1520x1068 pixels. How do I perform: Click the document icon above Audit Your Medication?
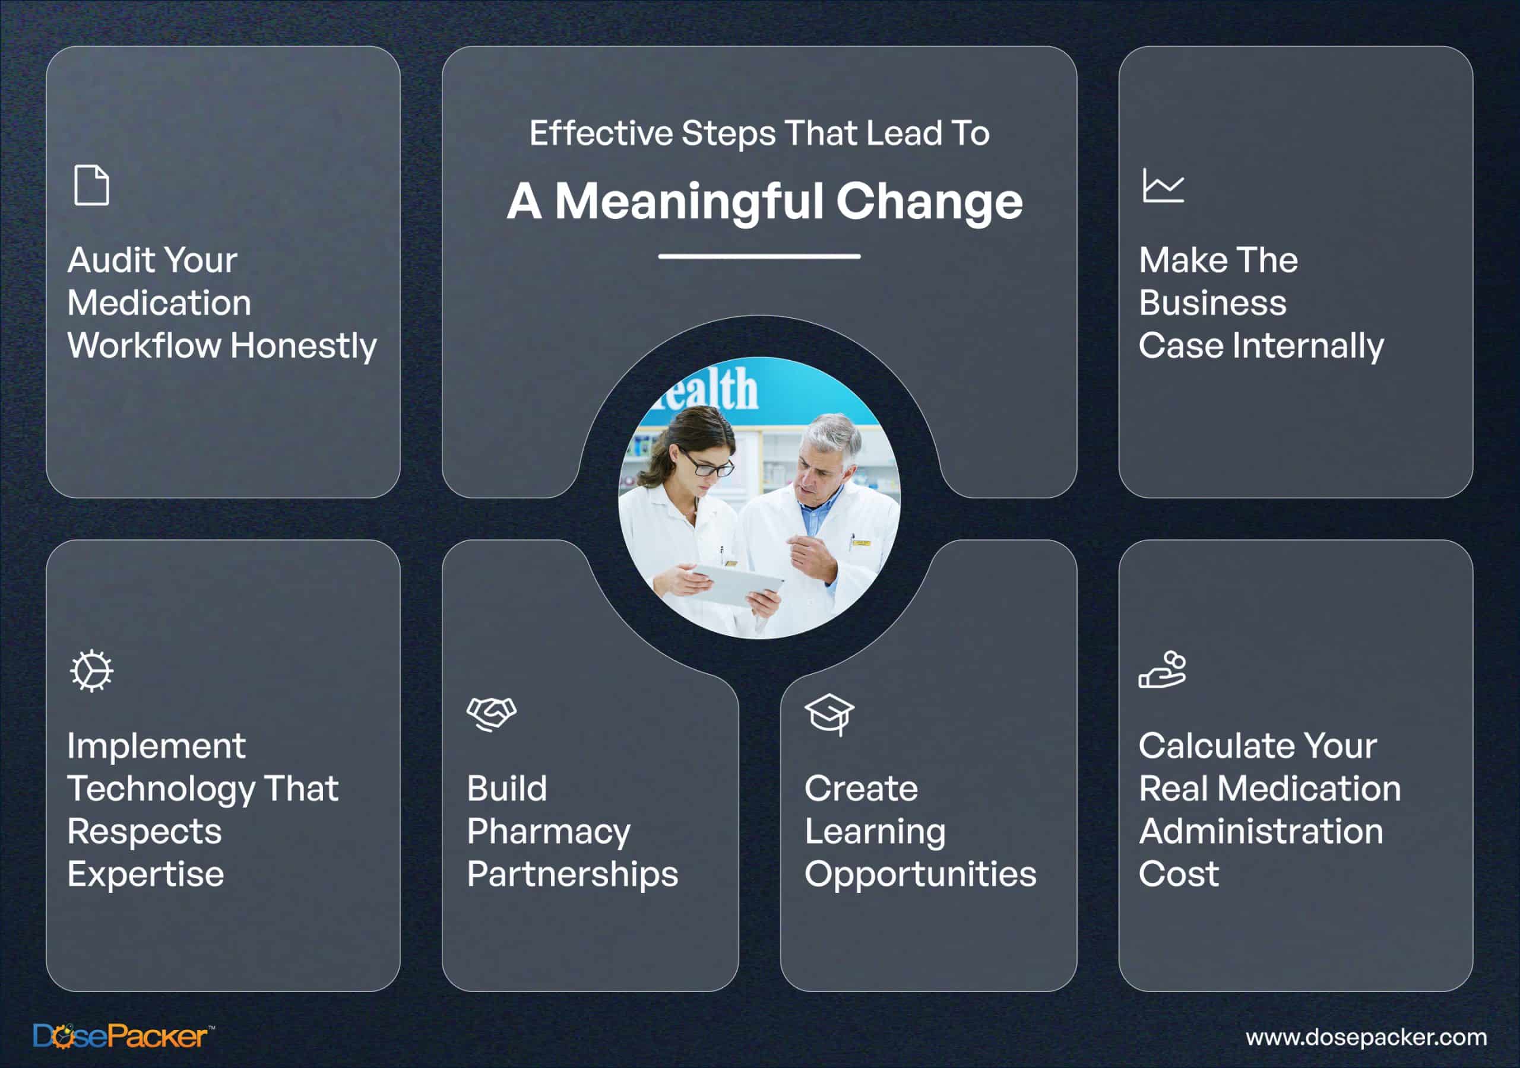tap(91, 185)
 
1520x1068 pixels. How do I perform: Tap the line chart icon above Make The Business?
tap(1163, 185)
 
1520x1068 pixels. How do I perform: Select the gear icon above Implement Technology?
tap(91, 671)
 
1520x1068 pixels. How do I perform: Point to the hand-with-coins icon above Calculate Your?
tap(1163, 670)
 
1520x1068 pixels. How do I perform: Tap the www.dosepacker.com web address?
tap(1366, 1038)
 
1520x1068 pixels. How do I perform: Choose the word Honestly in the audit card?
tap(304, 347)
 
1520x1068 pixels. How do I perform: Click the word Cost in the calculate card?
tap(1179, 874)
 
